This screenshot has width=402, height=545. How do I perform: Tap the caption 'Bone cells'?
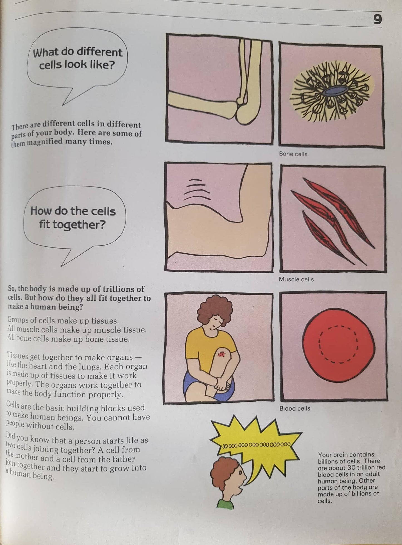click(x=293, y=154)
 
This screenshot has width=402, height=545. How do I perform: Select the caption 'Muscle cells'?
click(x=296, y=279)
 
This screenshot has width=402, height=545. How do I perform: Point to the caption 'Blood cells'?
click(x=295, y=409)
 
